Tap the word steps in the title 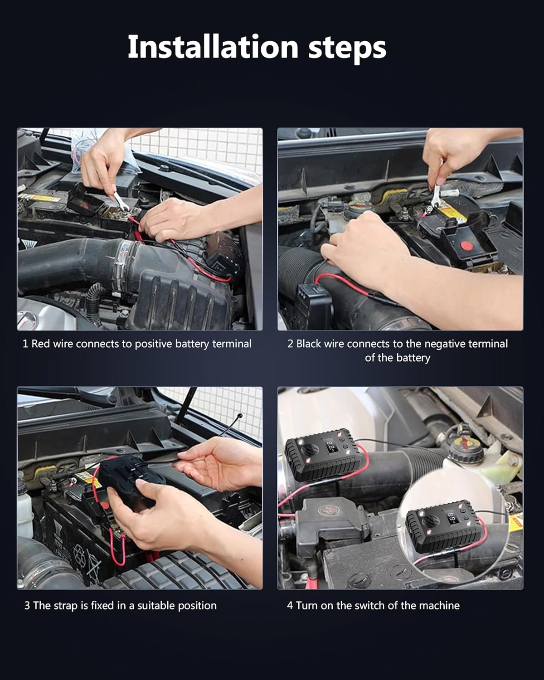pyautogui.click(x=347, y=49)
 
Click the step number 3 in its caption pyautogui.click(x=27, y=606)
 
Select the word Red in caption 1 pyautogui.click(x=41, y=344)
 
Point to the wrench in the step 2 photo pyautogui.click(x=435, y=196)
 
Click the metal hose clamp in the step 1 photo pyautogui.click(x=121, y=266)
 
